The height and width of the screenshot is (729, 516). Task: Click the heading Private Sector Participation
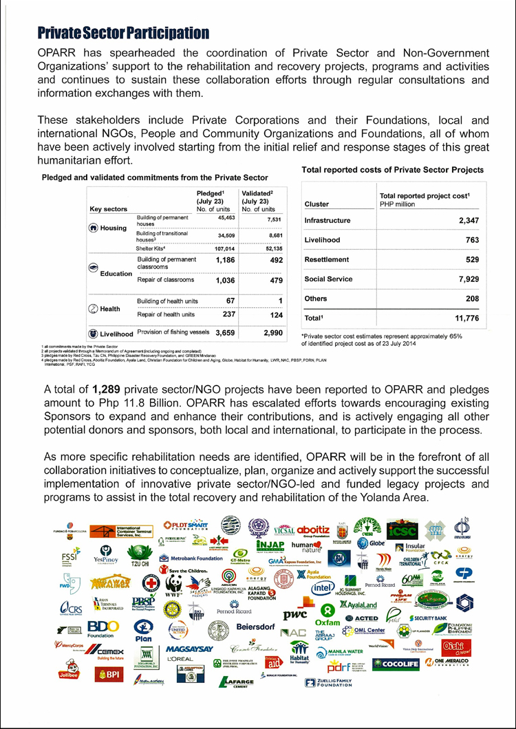[x=123, y=33]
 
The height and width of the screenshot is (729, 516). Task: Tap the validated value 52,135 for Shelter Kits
[x=262, y=248]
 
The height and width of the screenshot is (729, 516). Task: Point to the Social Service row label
[x=328, y=279]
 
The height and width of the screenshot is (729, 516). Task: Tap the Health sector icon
[x=93, y=309]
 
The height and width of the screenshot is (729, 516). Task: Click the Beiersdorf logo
[x=256, y=627]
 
